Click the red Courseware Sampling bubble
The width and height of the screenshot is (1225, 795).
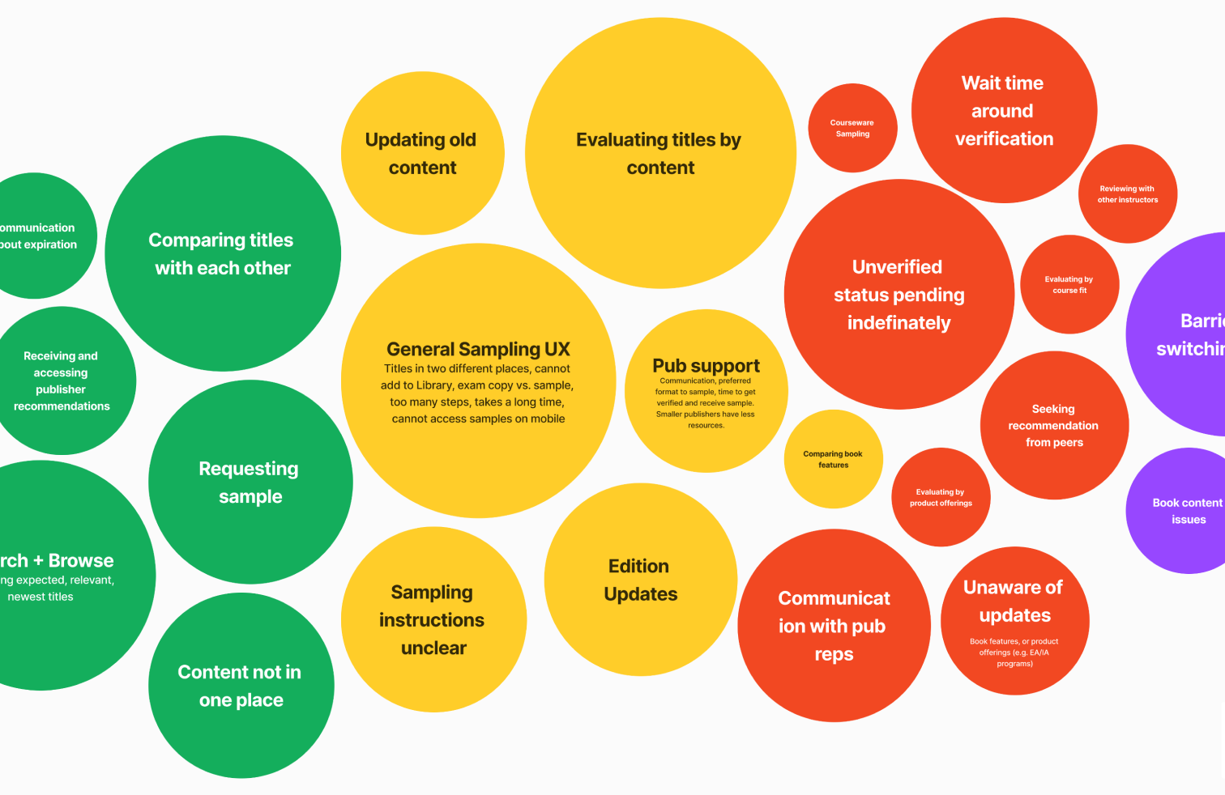coord(852,128)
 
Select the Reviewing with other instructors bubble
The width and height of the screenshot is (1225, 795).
coord(1127,194)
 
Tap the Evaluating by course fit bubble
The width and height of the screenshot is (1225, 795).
coord(1069,285)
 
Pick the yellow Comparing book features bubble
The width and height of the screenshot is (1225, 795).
coord(833,460)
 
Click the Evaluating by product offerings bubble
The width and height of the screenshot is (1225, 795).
coord(941,497)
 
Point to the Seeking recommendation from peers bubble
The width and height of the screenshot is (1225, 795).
coord(1053,426)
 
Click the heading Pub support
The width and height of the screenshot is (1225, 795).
coord(706,366)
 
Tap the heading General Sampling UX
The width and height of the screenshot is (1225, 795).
coord(478,349)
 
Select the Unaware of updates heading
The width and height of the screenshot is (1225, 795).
coord(1014,601)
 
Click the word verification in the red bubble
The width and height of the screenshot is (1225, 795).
coord(1004,139)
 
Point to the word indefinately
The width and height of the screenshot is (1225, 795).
coord(898,323)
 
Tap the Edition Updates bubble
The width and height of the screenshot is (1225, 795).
coord(640,580)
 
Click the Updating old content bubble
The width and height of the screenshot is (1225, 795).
coord(422,153)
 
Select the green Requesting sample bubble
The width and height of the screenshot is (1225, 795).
coord(250,483)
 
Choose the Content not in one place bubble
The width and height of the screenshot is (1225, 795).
coord(241,686)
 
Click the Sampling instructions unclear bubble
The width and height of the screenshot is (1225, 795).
coord(433,620)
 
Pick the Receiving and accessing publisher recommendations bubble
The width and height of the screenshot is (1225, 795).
coord(62,380)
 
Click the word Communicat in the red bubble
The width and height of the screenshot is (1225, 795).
coord(834,598)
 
